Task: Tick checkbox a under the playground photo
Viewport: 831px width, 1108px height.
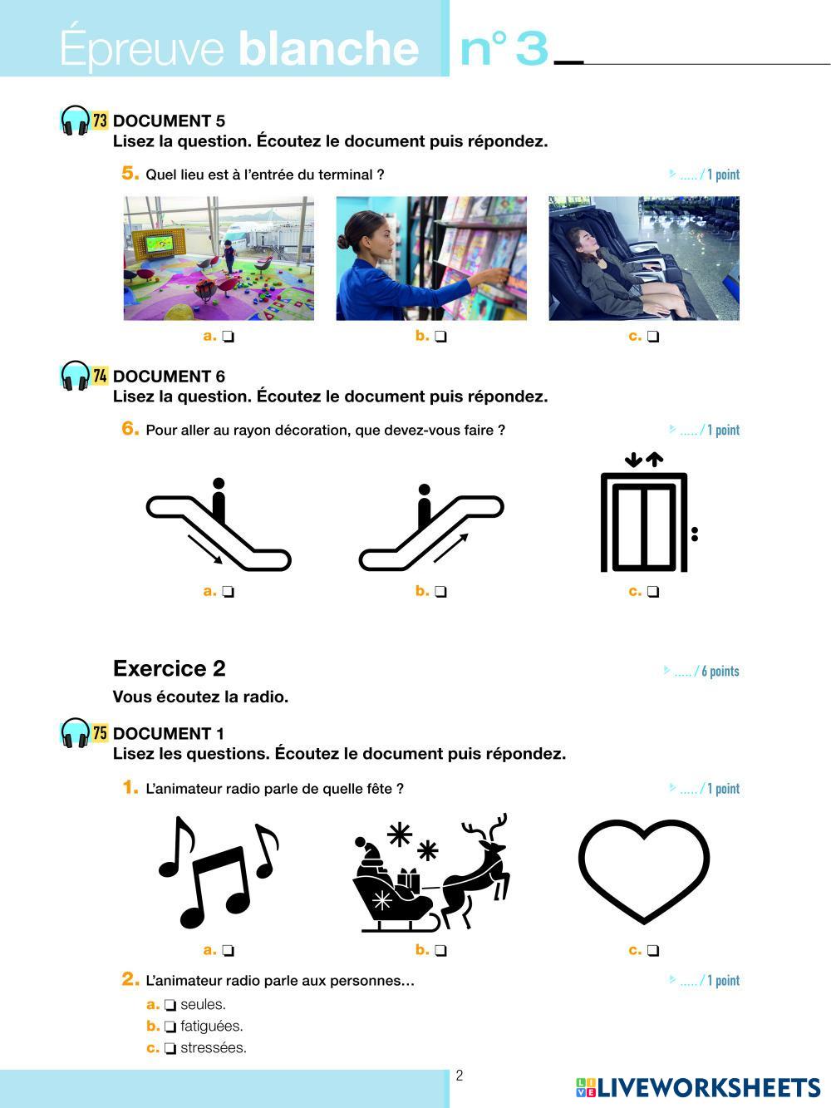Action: tap(229, 337)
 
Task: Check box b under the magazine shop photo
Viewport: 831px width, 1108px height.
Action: tap(441, 337)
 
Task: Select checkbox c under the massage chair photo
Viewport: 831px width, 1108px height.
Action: tap(654, 337)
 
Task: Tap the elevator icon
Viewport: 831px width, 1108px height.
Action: tap(646, 515)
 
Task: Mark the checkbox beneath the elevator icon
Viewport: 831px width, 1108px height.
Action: tap(654, 592)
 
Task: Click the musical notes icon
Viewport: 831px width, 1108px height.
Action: tap(218, 871)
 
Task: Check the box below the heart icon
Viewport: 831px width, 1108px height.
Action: tap(654, 950)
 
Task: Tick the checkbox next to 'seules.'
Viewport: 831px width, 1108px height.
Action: tap(170, 1005)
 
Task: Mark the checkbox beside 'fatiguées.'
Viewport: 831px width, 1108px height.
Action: tap(170, 1027)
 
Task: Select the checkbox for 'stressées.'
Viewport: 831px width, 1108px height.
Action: tap(170, 1048)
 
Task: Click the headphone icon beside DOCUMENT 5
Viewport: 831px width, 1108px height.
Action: tap(76, 121)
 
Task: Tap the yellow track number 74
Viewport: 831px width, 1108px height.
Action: tap(100, 376)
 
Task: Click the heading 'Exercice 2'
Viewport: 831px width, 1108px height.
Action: tap(170, 668)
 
